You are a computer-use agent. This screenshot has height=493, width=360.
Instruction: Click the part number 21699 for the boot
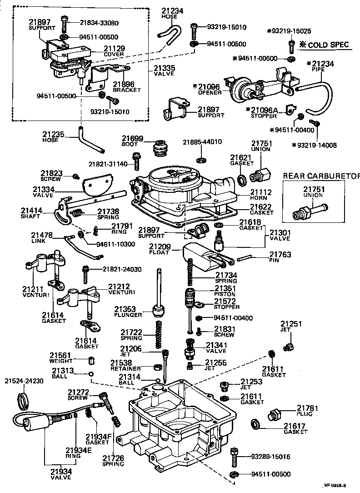point(132,138)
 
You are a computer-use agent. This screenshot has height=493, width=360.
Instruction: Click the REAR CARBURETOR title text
point(321,176)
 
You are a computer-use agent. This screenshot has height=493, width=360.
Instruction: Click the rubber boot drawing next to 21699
point(160,149)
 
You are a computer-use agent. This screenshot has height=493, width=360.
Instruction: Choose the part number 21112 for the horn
point(260,192)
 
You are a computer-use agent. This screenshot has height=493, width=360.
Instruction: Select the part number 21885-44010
point(202,142)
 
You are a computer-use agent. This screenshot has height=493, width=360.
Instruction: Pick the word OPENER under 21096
point(210,92)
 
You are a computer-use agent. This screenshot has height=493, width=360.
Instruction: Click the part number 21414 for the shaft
point(32,211)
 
